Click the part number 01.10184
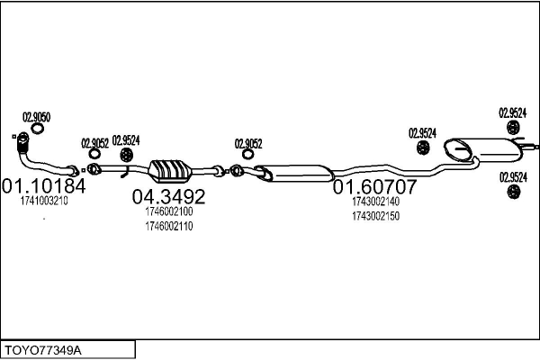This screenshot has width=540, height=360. click(44, 186)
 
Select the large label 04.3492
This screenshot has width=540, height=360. click(169, 197)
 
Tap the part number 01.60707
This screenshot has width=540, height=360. click(375, 186)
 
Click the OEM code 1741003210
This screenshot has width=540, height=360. click(44, 201)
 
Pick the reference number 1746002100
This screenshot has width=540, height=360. click(169, 211)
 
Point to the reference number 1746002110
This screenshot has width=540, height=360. click(169, 226)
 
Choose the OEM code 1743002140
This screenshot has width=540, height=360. click(375, 202)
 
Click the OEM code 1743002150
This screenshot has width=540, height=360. click(375, 216)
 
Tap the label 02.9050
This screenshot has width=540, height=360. click(37, 117)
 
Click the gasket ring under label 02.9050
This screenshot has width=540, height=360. click(37, 129)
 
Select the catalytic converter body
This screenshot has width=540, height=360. click(170, 171)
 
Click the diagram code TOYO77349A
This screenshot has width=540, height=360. click(43, 351)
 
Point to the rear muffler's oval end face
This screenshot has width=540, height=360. click(458, 150)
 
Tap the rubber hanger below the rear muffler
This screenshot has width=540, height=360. click(514, 192)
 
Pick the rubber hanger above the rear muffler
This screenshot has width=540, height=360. click(513, 128)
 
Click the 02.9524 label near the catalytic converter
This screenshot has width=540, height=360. click(126, 140)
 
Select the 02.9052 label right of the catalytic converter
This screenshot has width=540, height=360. click(248, 143)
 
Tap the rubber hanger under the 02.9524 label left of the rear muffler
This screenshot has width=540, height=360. click(423, 148)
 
